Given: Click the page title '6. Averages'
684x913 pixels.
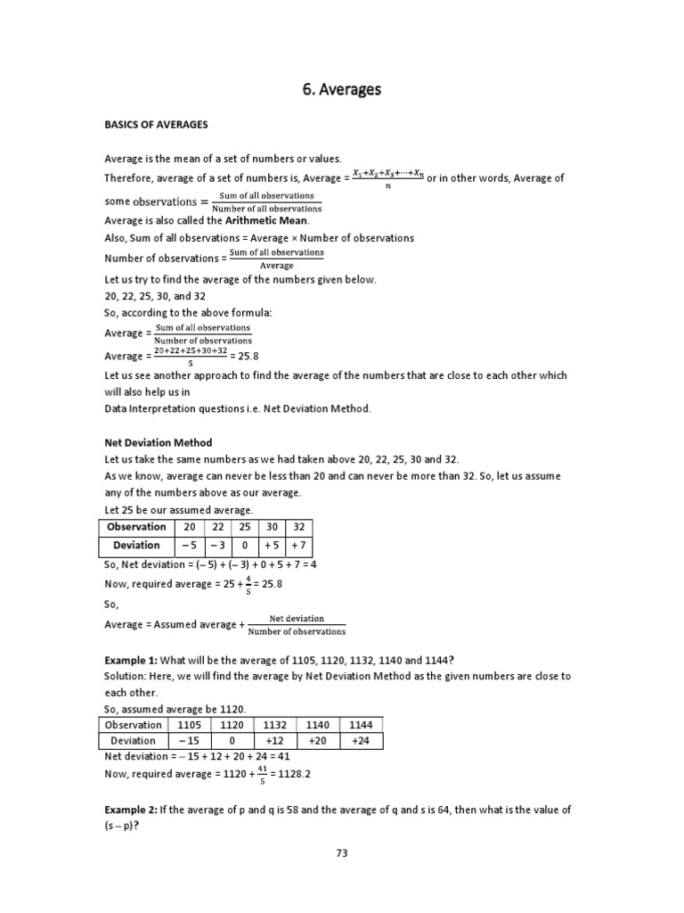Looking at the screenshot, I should [x=343, y=89].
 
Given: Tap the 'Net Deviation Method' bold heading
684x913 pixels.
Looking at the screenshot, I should [x=159, y=443].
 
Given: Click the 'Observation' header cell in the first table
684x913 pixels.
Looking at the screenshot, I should [x=136, y=527].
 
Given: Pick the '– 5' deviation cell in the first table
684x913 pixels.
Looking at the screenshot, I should [x=189, y=546].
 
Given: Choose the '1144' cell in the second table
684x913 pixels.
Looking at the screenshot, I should [x=359, y=725].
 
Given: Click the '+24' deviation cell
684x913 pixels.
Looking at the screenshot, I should [x=359, y=741].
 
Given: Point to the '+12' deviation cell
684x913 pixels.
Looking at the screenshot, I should [x=273, y=741].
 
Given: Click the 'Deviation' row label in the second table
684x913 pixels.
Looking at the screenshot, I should [x=133, y=741].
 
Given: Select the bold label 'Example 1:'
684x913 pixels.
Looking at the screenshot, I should [x=131, y=660].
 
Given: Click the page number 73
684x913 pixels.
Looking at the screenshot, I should [x=342, y=853].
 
